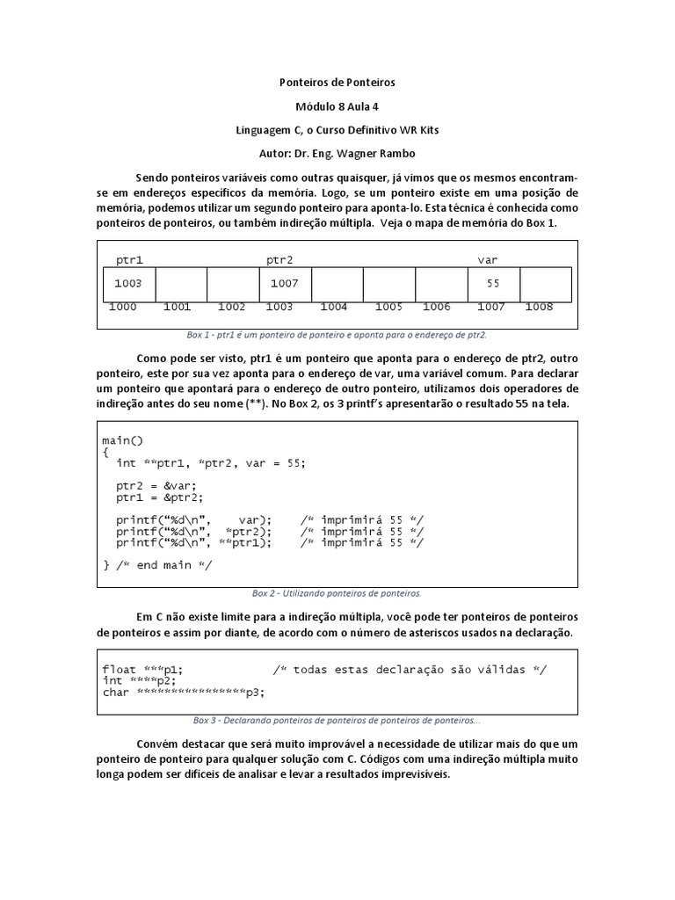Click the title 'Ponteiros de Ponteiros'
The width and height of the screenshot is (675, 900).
point(337,83)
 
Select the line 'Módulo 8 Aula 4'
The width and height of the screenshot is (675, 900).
point(337,106)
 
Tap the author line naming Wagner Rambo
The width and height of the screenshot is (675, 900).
point(337,153)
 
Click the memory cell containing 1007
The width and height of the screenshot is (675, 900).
point(285,283)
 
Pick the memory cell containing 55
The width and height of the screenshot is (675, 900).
point(493,283)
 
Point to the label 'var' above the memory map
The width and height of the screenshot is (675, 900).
point(487,260)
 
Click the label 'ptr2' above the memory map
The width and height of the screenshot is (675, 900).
point(279,260)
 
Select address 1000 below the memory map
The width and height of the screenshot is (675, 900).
point(122,307)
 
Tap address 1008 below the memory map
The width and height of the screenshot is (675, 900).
point(539,307)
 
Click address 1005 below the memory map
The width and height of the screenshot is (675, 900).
point(388,307)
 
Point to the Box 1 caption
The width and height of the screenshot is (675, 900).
point(337,335)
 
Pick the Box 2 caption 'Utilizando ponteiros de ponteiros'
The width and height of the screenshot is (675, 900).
point(337,593)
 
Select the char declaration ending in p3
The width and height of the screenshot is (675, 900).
point(183,693)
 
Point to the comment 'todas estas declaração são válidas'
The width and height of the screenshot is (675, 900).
point(409,670)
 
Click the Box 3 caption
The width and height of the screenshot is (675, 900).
point(337,720)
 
